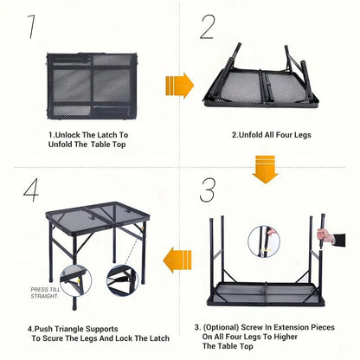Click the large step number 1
pos(32,27)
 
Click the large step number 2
pos(207,27)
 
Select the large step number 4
pos(30,191)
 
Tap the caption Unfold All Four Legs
pos(270,135)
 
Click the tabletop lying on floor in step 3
pos(267,292)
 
